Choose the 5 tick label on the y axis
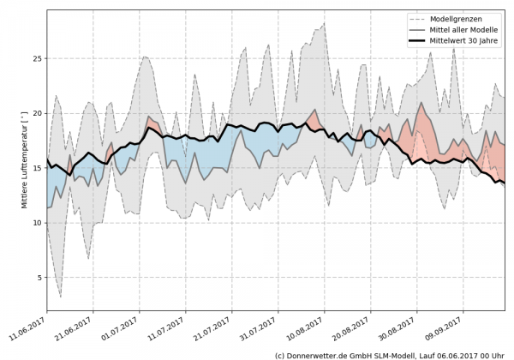coord(39,278)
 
